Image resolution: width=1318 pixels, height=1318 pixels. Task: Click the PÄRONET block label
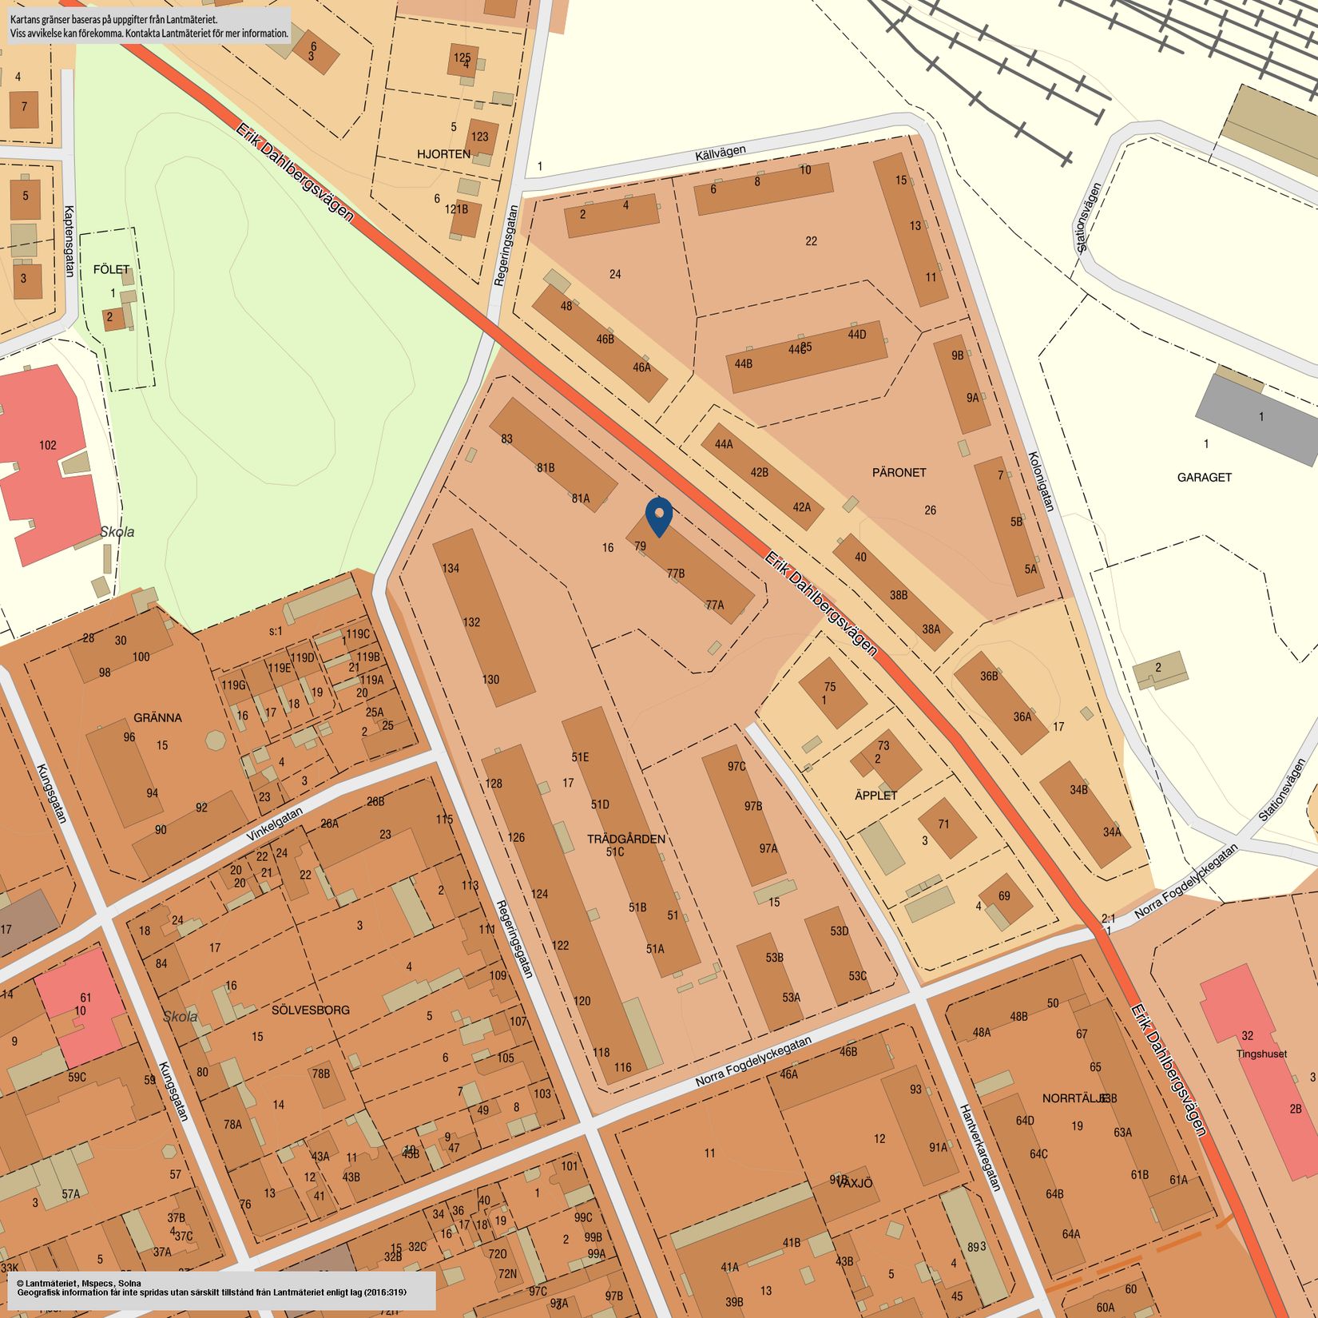[899, 472]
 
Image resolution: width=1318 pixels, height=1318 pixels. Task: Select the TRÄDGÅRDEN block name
[625, 839]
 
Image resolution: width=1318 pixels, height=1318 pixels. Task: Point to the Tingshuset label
[1261, 1054]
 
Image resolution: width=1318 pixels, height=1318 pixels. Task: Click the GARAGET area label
[1204, 477]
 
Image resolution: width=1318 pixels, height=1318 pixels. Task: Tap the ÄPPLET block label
[875, 796]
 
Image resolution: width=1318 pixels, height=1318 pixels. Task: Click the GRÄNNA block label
[157, 717]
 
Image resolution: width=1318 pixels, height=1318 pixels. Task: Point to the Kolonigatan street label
[1041, 482]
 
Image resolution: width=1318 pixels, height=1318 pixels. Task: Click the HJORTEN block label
[443, 153]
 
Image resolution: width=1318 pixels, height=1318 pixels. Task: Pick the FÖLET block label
[111, 269]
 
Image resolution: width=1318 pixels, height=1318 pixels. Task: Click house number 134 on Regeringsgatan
[451, 569]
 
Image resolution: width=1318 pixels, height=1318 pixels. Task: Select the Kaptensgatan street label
[68, 241]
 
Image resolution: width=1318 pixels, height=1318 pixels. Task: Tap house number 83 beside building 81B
[506, 439]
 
